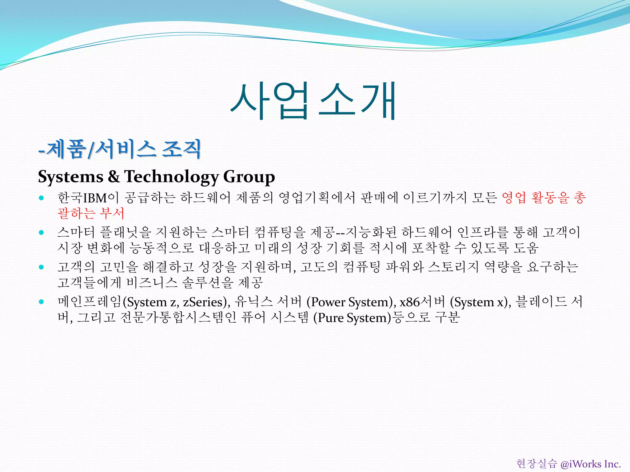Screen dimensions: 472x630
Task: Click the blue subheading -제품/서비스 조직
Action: click(x=120, y=149)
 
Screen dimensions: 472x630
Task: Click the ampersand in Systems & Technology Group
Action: click(x=114, y=177)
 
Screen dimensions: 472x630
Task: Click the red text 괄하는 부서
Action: click(x=91, y=213)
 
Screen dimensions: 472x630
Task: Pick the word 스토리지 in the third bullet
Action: click(x=453, y=267)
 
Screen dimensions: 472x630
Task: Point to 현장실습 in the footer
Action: click(x=536, y=464)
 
